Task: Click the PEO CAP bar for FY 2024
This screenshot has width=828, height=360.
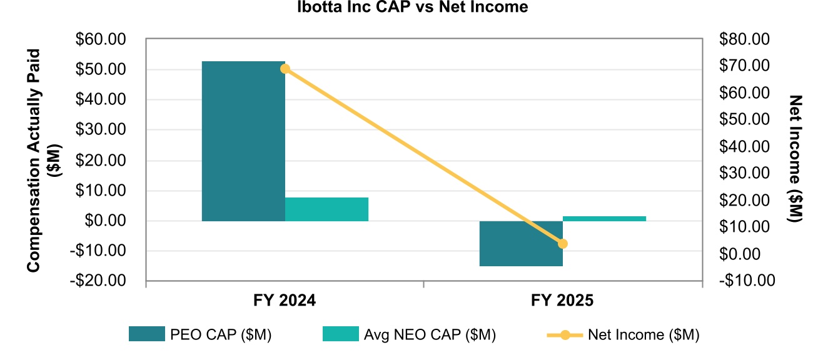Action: tap(243, 141)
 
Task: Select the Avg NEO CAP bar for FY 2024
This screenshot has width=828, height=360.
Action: tap(326, 209)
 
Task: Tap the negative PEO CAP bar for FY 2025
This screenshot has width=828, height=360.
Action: tap(521, 243)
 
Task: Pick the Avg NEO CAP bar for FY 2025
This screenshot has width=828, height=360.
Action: tap(604, 218)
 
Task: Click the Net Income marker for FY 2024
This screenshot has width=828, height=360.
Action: tap(285, 69)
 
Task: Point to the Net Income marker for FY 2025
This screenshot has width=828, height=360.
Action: tap(563, 244)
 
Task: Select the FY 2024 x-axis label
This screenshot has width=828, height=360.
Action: tap(285, 301)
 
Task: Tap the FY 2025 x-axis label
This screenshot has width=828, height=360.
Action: tap(562, 301)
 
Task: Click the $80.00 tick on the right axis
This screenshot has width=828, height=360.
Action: tap(747, 39)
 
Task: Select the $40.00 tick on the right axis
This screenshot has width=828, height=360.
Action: tap(747, 147)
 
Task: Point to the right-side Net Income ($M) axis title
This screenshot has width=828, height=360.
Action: tap(795, 160)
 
